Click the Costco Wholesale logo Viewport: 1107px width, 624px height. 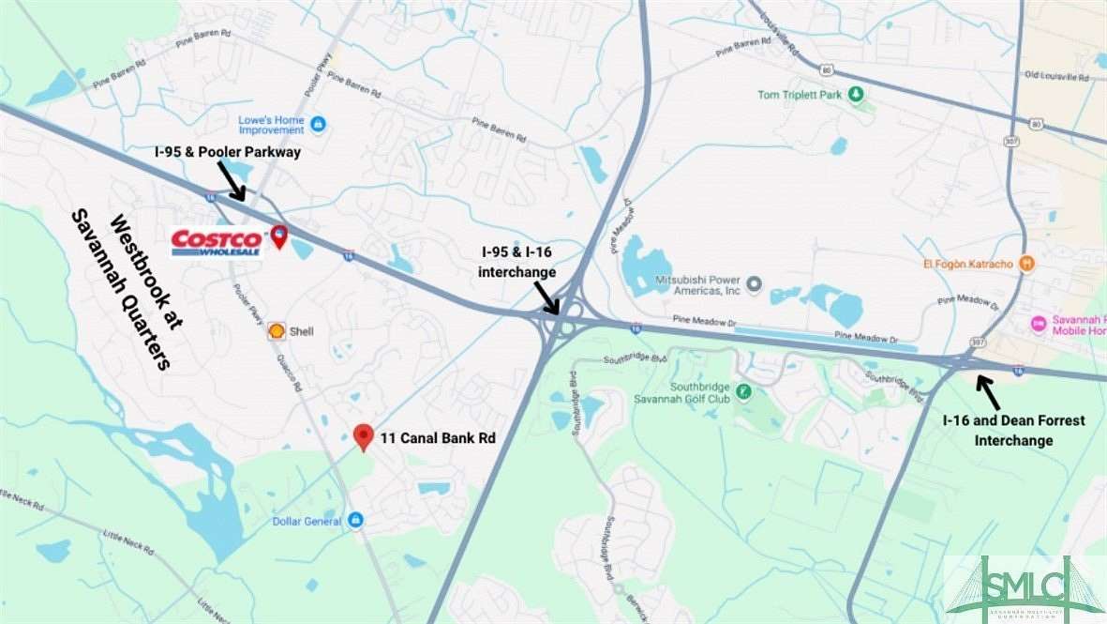(x=217, y=243)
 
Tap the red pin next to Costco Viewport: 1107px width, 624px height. (x=278, y=237)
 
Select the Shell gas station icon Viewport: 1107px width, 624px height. (x=277, y=331)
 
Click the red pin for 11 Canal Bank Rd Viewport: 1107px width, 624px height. (x=364, y=436)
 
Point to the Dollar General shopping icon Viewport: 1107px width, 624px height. (x=355, y=520)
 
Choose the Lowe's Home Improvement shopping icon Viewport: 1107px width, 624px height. (x=318, y=124)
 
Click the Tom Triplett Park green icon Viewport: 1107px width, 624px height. (x=855, y=95)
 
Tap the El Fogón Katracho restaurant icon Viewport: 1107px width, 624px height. (x=1027, y=264)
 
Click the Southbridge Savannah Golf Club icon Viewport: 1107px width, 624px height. (x=743, y=391)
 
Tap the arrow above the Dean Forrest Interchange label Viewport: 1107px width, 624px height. (x=987, y=388)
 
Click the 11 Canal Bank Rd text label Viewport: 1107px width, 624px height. (x=437, y=437)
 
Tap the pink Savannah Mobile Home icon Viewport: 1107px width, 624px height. (x=1038, y=324)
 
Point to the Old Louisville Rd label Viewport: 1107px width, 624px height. (x=1059, y=75)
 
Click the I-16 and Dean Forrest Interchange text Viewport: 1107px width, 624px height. (x=1013, y=430)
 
